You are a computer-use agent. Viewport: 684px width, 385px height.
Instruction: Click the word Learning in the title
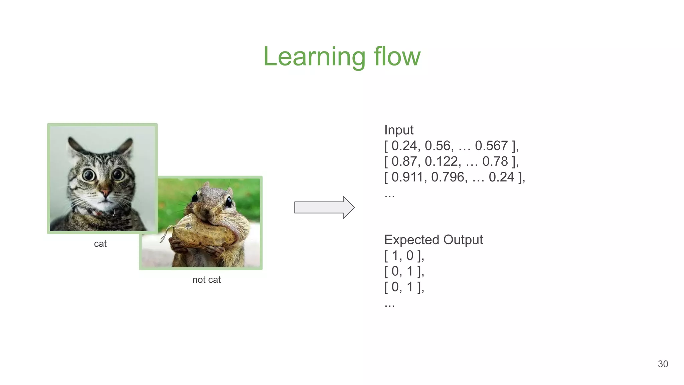pos(314,57)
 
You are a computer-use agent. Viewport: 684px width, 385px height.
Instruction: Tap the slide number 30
pos(663,364)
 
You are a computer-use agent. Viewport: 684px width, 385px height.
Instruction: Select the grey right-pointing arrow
pos(324,208)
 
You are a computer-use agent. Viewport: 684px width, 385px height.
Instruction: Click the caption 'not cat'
pos(206,280)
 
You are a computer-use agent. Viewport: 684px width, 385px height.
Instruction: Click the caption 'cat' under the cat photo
pos(100,244)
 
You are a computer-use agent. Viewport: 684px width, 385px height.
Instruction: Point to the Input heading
pos(399,130)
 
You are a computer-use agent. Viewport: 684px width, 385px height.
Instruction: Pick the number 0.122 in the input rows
pos(441,161)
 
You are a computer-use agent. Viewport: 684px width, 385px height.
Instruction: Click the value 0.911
pos(407,177)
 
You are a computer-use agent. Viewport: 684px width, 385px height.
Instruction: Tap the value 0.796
pos(447,177)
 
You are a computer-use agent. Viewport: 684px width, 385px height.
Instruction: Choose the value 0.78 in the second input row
pos(495,161)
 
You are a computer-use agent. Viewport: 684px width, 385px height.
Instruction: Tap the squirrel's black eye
pos(229,202)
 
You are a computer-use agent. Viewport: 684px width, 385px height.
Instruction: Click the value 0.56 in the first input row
pos(438,146)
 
